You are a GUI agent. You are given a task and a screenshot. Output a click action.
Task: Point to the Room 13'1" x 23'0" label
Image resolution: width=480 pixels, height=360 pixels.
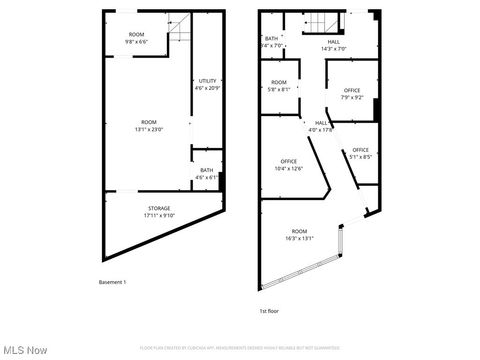148,124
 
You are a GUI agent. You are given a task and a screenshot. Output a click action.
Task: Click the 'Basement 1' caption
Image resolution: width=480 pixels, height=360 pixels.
112,282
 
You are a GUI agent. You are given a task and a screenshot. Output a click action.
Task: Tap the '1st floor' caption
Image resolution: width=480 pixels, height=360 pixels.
269,311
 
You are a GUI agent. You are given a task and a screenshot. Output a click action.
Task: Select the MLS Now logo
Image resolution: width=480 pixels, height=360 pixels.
26,349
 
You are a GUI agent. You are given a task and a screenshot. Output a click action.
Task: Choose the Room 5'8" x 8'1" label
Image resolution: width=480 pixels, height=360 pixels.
279,86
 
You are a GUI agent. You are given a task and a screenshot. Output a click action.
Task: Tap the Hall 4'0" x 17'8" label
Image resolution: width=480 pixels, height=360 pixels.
320,126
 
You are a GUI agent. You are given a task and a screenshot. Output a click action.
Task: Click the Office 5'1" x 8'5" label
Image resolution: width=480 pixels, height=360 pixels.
360,153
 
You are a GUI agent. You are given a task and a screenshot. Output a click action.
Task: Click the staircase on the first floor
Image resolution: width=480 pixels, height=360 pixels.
315,25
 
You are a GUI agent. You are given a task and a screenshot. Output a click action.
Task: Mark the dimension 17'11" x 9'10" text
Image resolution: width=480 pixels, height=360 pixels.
159,215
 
